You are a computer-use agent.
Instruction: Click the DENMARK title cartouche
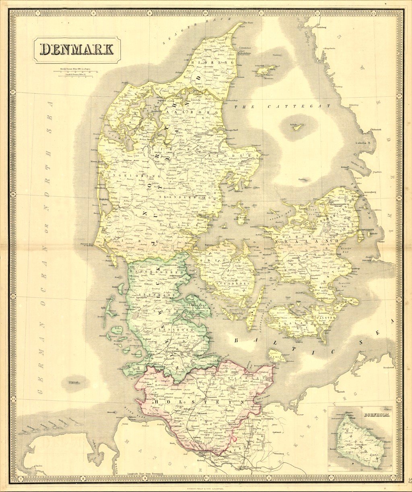click(76, 49)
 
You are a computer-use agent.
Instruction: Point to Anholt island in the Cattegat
click(297, 127)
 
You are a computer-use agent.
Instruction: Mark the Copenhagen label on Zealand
click(366, 229)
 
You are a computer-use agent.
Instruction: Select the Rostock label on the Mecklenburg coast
click(342, 391)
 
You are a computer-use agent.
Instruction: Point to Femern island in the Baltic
click(277, 356)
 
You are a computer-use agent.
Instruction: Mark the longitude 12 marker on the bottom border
click(318, 479)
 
